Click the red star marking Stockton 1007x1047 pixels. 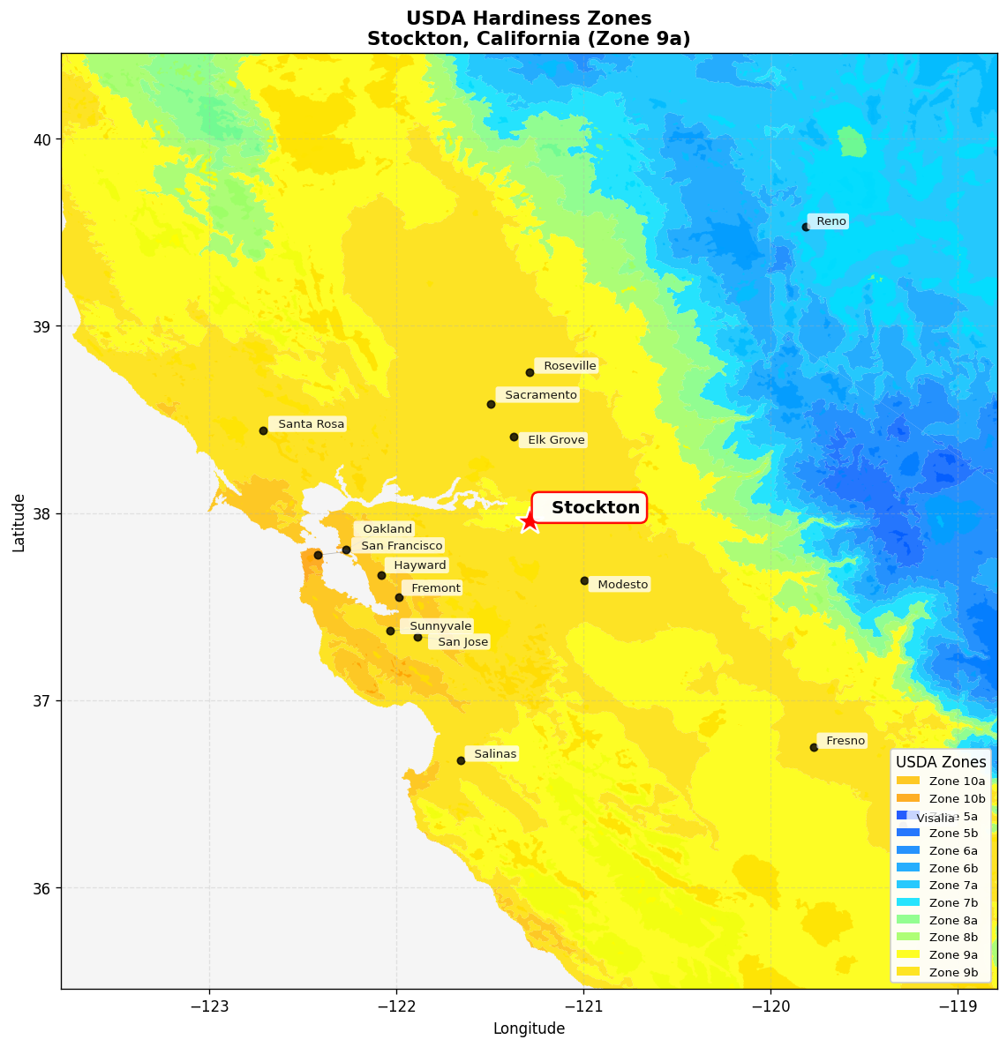(529, 521)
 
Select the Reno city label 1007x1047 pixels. (829, 221)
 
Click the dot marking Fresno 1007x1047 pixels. (814, 747)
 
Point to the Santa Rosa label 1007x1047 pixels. (308, 424)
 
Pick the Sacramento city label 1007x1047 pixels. (538, 394)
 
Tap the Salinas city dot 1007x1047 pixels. (461, 760)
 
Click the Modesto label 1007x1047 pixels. (620, 584)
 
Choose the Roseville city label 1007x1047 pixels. (567, 366)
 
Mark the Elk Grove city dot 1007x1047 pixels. (514, 437)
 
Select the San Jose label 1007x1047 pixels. (460, 642)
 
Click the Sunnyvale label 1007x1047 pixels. (438, 626)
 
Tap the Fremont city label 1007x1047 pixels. (432, 588)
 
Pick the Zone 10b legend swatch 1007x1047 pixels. (908, 797)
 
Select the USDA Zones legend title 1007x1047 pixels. (941, 762)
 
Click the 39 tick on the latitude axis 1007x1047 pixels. (43, 326)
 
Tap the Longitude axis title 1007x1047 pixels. (529, 1028)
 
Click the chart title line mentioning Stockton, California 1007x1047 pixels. (529, 39)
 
